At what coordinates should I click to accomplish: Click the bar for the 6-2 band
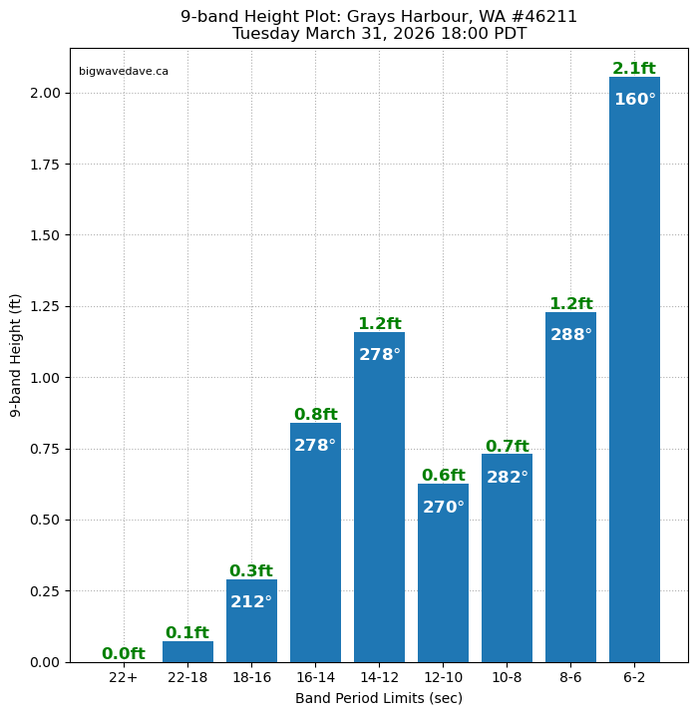(x=634, y=379)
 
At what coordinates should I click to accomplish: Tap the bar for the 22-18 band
(x=187, y=652)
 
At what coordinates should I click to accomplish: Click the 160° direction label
(x=634, y=100)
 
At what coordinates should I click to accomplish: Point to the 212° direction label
(x=251, y=602)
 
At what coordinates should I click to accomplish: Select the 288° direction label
(x=570, y=335)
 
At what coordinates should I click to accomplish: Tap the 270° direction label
(x=443, y=508)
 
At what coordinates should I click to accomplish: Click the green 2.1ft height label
(x=634, y=69)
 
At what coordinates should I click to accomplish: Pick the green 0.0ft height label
(x=124, y=654)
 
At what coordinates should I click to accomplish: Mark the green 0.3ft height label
(x=251, y=571)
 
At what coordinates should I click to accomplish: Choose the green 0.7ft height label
(x=507, y=447)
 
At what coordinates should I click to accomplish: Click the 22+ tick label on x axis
(x=124, y=678)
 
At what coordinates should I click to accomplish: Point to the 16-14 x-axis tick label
(x=315, y=678)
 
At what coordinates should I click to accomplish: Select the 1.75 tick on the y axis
(x=44, y=165)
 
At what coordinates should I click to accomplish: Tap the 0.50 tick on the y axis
(x=44, y=520)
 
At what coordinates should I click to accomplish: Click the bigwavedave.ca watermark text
(x=124, y=72)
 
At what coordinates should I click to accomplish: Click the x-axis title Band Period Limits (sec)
(x=379, y=698)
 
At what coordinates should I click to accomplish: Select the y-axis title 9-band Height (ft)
(x=16, y=355)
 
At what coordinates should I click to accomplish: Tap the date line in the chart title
(x=379, y=34)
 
